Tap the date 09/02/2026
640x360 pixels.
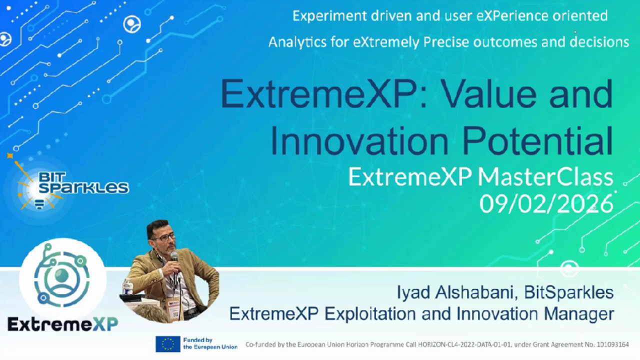[546, 203]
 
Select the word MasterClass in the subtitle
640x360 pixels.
[545, 177]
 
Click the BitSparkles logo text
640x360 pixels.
[83, 182]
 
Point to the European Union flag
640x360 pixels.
[168, 344]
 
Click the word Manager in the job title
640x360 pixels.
[580, 314]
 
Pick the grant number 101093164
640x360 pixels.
[610, 344]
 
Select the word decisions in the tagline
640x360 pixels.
[599, 42]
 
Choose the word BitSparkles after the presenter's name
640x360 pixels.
[568, 292]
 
